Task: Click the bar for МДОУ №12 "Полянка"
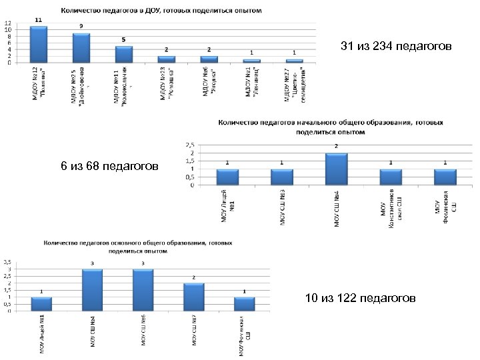[x=39, y=45]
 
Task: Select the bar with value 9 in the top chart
[x=81, y=48]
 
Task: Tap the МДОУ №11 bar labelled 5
[x=123, y=54]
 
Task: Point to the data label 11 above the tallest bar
[x=39, y=21]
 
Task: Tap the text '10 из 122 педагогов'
[x=360, y=298]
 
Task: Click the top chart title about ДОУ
[x=161, y=11]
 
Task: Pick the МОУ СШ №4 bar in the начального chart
[x=335, y=169]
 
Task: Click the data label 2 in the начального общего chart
[x=335, y=147]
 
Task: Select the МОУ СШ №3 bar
[x=281, y=177]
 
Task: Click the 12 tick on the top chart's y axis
[x=8, y=23]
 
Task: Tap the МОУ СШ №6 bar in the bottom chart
[x=143, y=290]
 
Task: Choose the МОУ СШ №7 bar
[x=193, y=297]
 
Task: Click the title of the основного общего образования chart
[x=139, y=247]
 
